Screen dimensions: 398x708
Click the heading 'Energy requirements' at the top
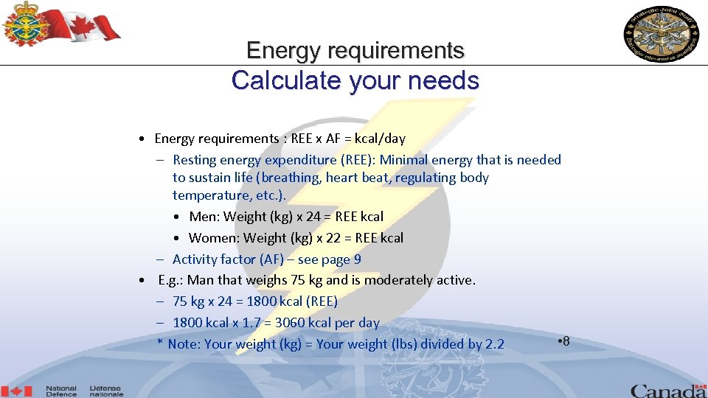tap(355, 50)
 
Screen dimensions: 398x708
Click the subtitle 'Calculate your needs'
tap(355, 80)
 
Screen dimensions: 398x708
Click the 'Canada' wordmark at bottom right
tap(668, 390)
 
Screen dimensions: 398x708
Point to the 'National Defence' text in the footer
tap(61, 391)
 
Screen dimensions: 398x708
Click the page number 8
tap(566, 341)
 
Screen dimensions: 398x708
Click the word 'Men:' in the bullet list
tap(204, 217)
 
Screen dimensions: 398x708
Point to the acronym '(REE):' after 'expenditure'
tap(358, 160)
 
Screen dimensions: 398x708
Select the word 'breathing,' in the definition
tap(291, 178)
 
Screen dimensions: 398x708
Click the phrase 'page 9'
tap(344, 259)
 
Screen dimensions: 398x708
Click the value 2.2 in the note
tap(495, 344)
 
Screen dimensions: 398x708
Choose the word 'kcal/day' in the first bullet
tap(380, 139)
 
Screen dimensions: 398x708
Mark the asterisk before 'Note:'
tap(160, 343)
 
